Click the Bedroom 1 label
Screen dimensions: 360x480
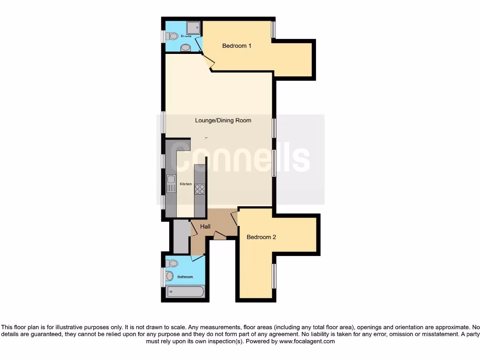(x=237, y=46)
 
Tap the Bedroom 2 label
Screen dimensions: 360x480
(x=261, y=237)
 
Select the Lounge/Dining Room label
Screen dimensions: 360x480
(x=223, y=120)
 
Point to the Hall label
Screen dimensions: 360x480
(x=205, y=227)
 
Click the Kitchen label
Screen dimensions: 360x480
(x=186, y=184)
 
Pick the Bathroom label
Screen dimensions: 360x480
(x=185, y=277)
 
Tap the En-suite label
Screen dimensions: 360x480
(x=186, y=36)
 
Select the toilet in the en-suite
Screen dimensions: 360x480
(x=172, y=36)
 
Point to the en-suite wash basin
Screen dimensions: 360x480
(x=186, y=47)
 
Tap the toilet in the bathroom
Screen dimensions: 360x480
(x=172, y=263)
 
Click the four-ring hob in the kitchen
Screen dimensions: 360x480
(x=200, y=188)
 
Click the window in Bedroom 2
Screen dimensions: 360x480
(x=274, y=276)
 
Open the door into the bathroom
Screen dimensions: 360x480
(x=198, y=257)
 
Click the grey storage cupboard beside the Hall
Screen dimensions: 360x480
(x=180, y=237)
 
